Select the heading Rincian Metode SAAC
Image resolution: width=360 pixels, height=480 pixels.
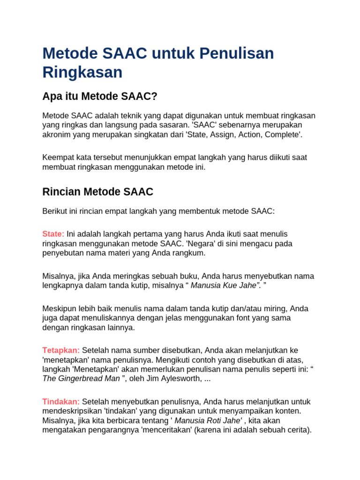point(97,191)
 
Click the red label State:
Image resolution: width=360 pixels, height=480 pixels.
point(53,233)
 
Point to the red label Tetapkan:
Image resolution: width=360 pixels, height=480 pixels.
point(61,350)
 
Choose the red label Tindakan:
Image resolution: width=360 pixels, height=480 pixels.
point(61,402)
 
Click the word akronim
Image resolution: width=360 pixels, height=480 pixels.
point(58,134)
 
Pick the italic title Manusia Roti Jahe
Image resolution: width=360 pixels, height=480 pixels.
point(208,420)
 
